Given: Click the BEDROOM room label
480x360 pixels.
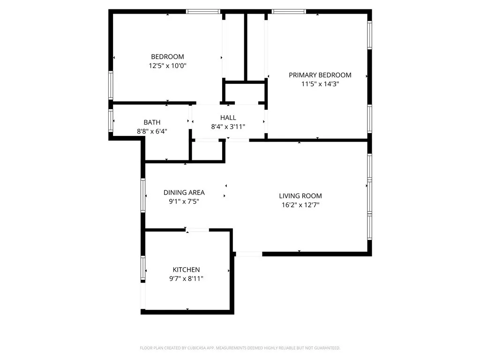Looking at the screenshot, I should [167, 57].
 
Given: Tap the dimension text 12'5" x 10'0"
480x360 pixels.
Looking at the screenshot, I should [167, 66].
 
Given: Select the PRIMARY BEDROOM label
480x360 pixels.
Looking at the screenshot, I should [320, 75].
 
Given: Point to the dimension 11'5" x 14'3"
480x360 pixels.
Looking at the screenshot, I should [320, 84].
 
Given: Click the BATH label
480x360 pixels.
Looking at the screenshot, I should [152, 122].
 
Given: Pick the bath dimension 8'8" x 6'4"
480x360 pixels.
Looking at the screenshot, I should [152, 132].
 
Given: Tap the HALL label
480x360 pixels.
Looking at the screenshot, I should [228, 118].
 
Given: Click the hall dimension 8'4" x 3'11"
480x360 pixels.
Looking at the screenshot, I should [228, 127].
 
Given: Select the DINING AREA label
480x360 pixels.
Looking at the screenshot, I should [184, 193].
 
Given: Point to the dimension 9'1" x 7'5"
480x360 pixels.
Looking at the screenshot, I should [184, 202].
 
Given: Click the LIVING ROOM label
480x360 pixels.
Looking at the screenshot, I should [300, 196].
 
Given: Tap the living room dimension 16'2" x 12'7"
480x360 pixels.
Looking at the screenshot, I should [300, 205].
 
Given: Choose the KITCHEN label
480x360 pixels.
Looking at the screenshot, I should [186, 270].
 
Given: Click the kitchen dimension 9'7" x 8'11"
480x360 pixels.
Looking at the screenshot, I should [186, 279].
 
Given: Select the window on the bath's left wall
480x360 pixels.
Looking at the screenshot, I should [112, 120].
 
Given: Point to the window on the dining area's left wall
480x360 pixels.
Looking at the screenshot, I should [143, 195].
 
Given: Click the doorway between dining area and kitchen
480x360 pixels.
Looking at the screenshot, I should [197, 230].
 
